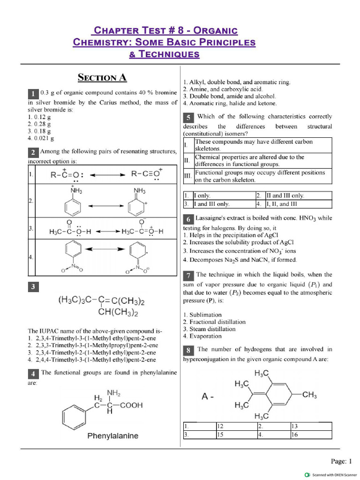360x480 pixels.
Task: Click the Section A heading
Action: [x=102, y=77]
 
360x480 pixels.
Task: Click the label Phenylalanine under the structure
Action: [x=113, y=436]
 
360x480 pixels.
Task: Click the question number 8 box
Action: [x=188, y=350]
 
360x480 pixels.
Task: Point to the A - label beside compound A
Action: [x=208, y=397]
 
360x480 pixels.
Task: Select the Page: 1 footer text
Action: [x=341, y=461]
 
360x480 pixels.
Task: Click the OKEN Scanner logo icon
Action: [x=307, y=474]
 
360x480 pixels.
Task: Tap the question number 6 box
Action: [x=188, y=219]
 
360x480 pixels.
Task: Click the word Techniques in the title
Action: [x=164, y=54]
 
